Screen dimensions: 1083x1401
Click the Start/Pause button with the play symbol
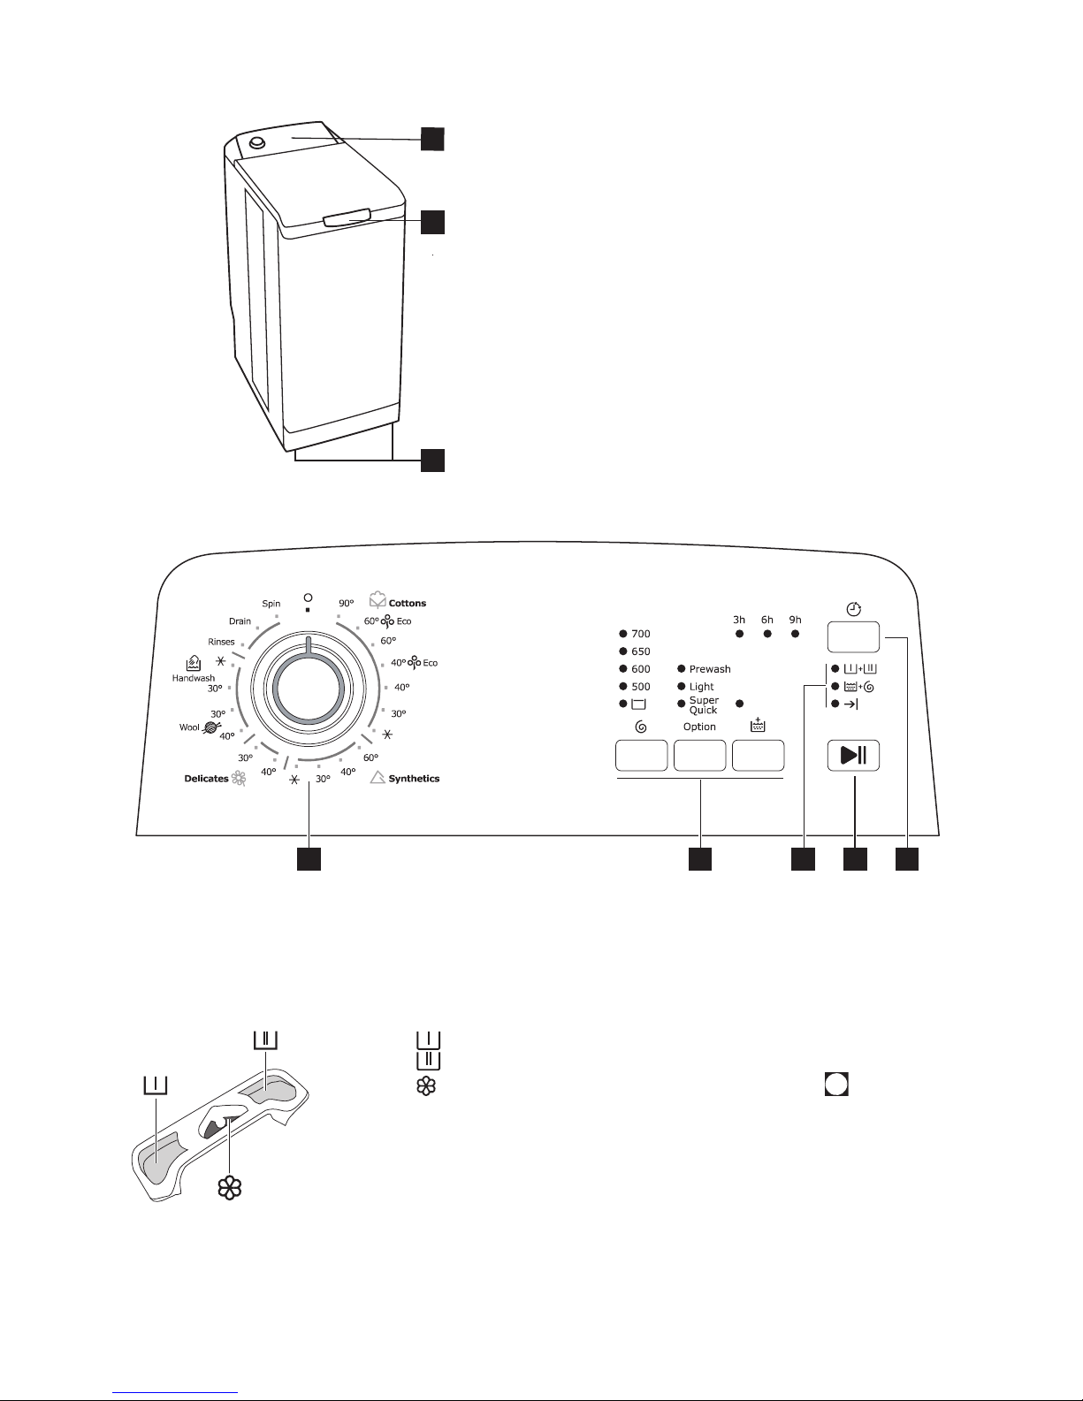tap(853, 755)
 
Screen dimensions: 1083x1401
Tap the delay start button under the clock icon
tap(853, 637)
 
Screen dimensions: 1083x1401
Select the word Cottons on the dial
tap(407, 604)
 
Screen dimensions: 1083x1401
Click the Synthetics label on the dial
tap(414, 778)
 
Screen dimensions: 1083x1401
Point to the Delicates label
tap(206, 778)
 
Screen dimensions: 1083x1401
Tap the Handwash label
tap(194, 678)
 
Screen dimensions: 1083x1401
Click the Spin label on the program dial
tap(271, 604)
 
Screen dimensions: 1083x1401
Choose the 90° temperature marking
tap(347, 604)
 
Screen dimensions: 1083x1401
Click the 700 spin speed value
tap(641, 634)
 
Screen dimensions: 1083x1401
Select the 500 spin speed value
tap(641, 687)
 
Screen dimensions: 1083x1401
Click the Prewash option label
tap(710, 669)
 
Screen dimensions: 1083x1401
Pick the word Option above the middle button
tap(699, 727)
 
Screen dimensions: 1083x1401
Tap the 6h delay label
tap(767, 620)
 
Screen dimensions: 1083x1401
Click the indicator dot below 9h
tap(796, 634)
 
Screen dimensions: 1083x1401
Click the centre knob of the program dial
tap(309, 688)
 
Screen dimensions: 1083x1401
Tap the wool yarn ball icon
tap(211, 727)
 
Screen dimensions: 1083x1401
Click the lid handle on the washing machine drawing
tap(347, 217)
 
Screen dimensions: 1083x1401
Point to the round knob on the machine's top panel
tap(257, 142)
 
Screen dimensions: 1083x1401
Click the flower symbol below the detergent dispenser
tap(230, 1188)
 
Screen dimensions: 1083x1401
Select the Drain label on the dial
tap(240, 621)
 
